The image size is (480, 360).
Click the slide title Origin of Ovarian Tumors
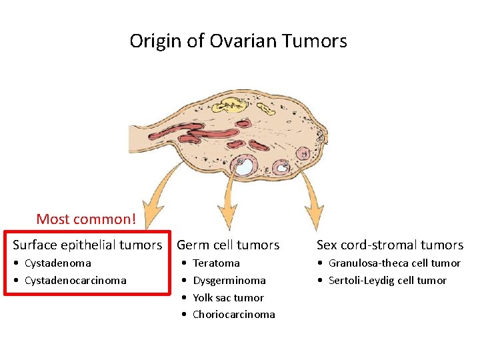238,41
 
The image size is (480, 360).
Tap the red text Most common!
86,219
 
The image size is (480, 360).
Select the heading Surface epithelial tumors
87,245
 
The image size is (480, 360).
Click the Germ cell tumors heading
228,245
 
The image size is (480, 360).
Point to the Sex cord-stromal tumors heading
389,245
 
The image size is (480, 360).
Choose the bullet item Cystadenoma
57,263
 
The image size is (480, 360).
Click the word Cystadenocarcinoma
75,281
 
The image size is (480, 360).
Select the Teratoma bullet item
215,263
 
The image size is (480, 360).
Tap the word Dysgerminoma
229,281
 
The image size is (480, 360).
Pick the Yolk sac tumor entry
228,298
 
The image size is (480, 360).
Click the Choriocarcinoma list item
233,315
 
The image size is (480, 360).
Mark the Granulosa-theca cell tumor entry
394,263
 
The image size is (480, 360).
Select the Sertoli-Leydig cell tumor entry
387,281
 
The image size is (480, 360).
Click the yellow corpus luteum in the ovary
233,105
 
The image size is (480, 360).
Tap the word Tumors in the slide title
315,41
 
